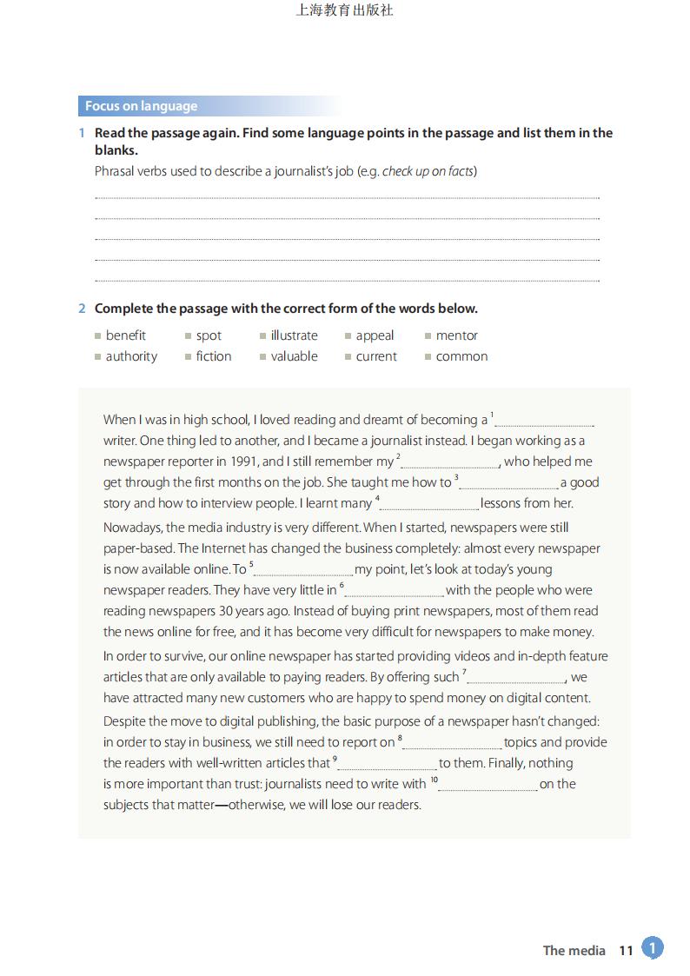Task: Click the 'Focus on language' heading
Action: [141, 106]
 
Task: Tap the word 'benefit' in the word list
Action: [125, 335]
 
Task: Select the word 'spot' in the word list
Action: [209, 335]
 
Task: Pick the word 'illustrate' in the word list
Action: [294, 335]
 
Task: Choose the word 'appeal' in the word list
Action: [375, 335]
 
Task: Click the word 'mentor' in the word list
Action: [457, 335]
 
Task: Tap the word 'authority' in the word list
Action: [131, 356]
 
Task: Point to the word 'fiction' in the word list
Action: [214, 356]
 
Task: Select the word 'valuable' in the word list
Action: [294, 356]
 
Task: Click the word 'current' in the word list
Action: [376, 356]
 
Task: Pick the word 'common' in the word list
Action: [461, 356]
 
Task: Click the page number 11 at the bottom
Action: [626, 951]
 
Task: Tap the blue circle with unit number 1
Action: [653, 948]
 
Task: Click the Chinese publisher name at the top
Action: [345, 11]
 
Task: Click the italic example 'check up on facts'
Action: [428, 171]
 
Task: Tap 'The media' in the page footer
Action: [574, 951]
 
